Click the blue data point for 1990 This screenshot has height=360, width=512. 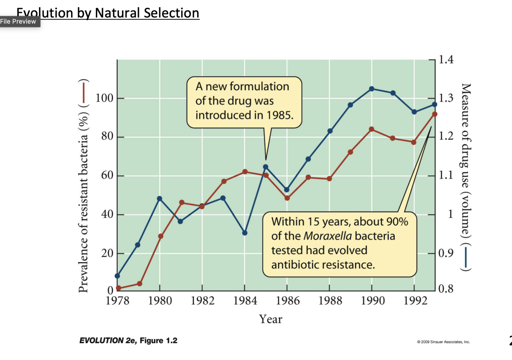[371, 89]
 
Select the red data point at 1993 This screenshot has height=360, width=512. [435, 114]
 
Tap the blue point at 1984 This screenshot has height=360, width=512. [245, 233]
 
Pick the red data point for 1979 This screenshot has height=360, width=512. [140, 284]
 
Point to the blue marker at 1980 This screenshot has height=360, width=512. [160, 199]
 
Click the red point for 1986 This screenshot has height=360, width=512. [287, 198]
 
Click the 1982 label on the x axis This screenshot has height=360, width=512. [202, 301]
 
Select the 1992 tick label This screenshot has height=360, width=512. [415, 301]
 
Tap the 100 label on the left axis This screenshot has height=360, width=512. [104, 98]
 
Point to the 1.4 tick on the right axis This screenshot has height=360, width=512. [446, 60]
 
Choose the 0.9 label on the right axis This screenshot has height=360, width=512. [445, 253]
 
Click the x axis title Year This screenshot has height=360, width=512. [271, 319]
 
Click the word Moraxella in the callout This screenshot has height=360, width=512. [328, 236]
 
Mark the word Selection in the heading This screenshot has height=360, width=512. [171, 13]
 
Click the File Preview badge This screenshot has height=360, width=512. [18, 22]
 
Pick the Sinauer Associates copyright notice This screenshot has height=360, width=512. [443, 342]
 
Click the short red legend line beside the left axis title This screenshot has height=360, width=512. [84, 92]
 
